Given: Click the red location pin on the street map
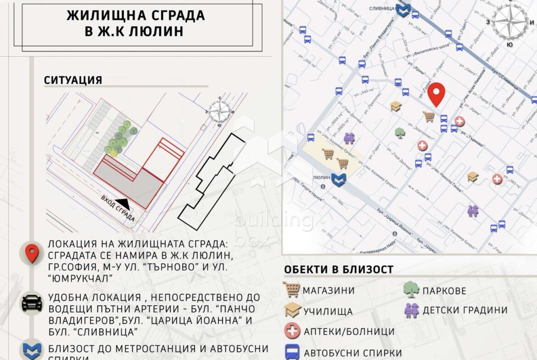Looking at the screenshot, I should (x=436, y=94).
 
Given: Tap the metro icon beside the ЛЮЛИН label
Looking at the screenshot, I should (x=339, y=178).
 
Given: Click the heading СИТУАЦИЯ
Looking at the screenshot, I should (x=73, y=80).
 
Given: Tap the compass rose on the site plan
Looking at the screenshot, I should (x=220, y=111).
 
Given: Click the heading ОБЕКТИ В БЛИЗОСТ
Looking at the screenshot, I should (x=339, y=270).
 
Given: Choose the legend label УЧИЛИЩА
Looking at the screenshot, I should (x=328, y=311).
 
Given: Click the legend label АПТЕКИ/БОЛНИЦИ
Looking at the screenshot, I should (x=349, y=331).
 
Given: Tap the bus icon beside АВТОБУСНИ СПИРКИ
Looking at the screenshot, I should (x=292, y=352).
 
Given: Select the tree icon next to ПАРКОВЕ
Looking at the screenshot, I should (x=411, y=289).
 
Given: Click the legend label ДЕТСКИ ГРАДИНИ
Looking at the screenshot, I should (x=465, y=310).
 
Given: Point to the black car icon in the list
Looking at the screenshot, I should (x=32, y=303).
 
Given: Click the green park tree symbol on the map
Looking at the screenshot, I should (x=400, y=133).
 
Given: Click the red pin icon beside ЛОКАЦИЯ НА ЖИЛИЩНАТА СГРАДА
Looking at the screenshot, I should (x=32, y=253).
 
